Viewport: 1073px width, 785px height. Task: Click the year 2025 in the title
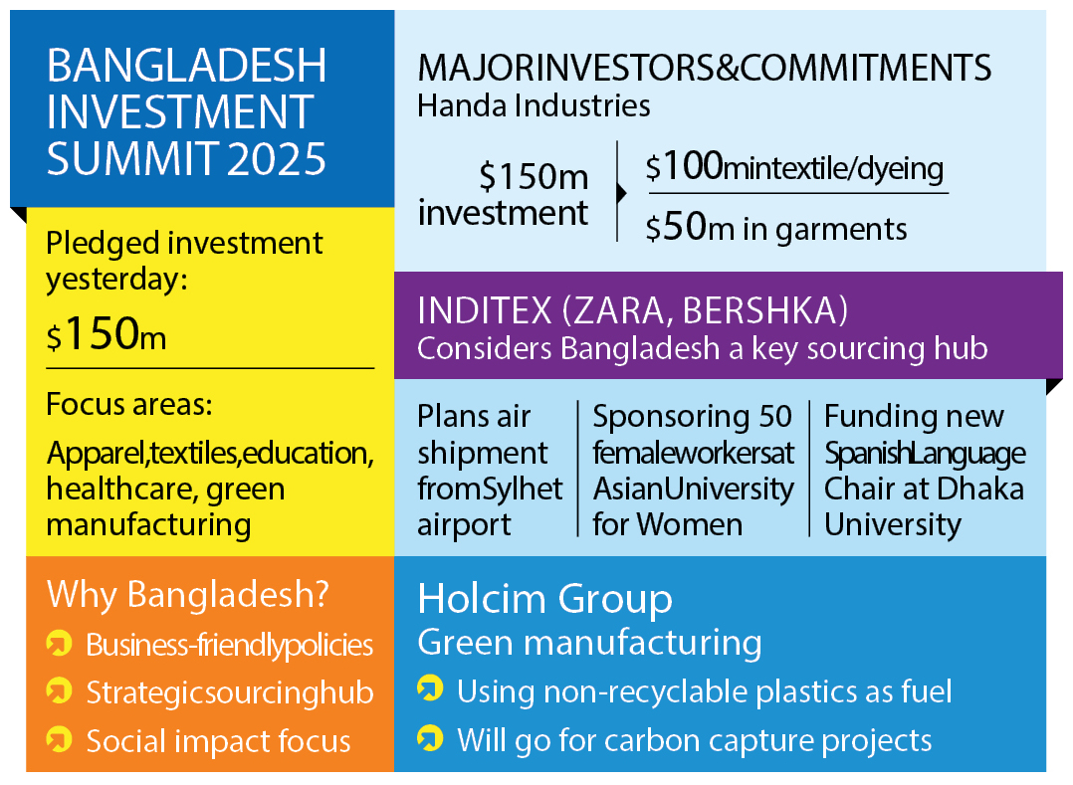(x=277, y=158)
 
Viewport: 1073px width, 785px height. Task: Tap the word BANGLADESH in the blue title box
(x=187, y=66)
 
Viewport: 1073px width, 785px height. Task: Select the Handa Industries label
(x=534, y=105)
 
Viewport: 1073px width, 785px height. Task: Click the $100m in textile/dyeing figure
(x=794, y=167)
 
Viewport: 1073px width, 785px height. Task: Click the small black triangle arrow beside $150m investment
(x=621, y=194)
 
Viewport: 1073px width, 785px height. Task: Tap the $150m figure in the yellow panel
(x=107, y=334)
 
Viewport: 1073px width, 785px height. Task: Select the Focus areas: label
(x=129, y=404)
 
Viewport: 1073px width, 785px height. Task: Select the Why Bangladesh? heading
(x=188, y=594)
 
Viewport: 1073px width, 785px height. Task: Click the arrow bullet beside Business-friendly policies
(x=59, y=644)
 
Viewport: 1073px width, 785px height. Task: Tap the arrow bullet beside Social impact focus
(x=59, y=739)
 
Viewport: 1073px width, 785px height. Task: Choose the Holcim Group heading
(x=545, y=599)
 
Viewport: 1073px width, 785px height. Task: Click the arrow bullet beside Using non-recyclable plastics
(x=430, y=688)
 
